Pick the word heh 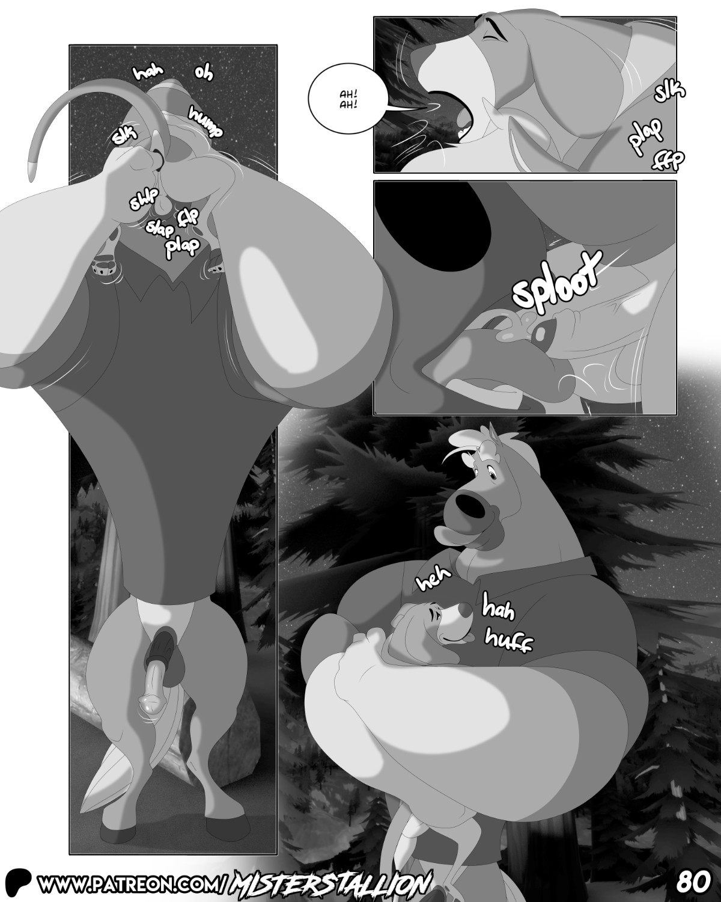pos(433,579)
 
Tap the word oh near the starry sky pos(204,73)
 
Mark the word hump pos(205,122)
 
